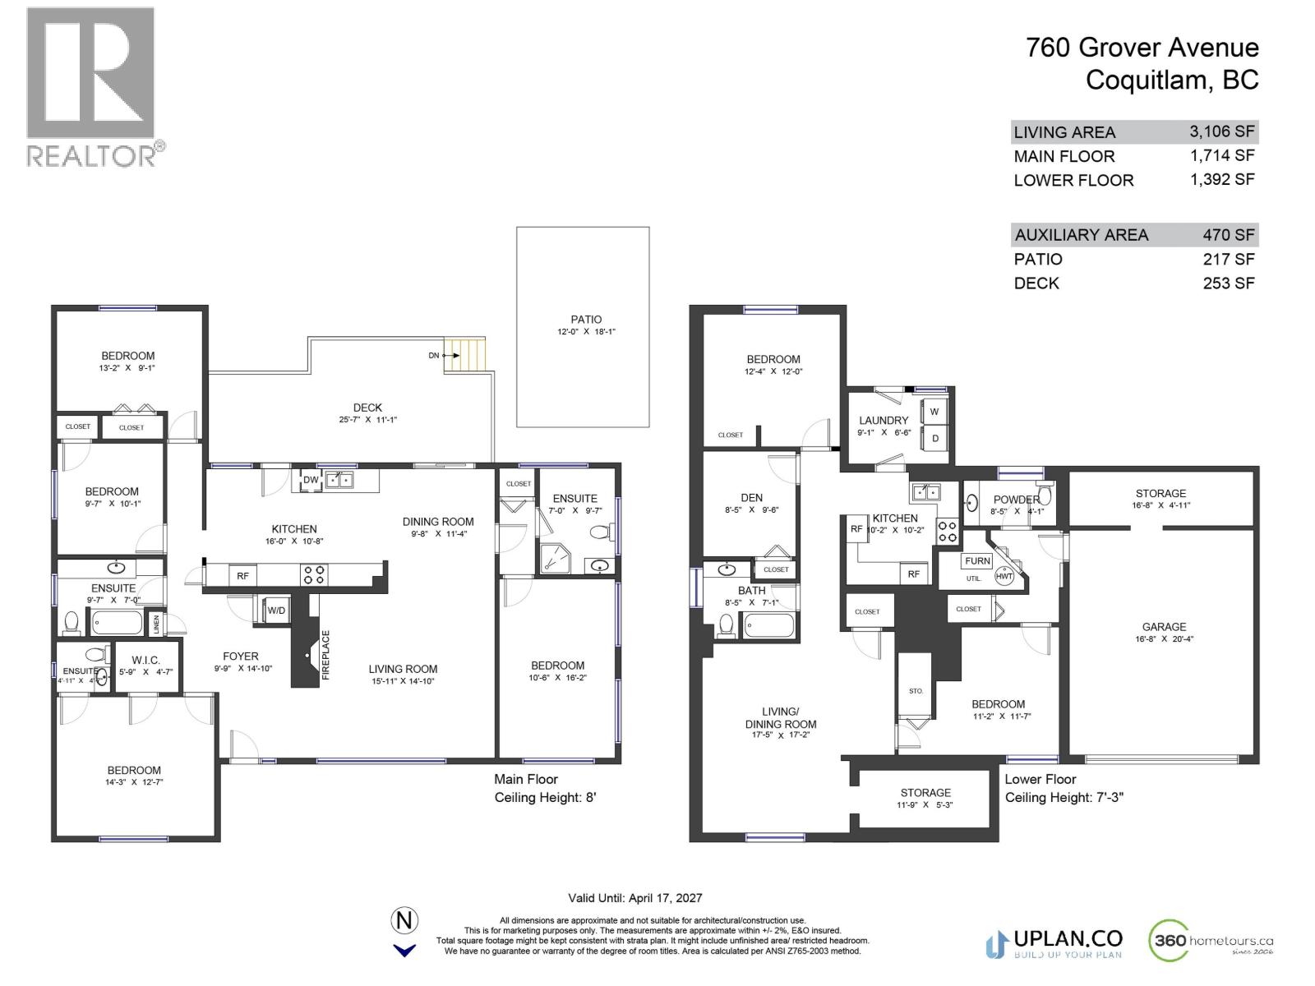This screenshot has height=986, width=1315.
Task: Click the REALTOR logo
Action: point(90,86)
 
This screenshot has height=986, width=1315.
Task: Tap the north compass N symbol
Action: point(404,920)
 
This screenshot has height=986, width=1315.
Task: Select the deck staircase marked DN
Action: point(465,355)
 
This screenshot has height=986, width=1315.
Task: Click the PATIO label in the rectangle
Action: point(586,320)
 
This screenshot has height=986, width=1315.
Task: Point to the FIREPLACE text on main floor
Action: point(325,655)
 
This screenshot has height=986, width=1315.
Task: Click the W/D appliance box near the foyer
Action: point(276,610)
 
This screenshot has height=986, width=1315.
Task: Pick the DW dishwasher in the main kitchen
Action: point(311,481)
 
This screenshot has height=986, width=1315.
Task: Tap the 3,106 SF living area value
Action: point(1222,131)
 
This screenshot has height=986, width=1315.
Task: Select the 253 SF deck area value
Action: point(1229,283)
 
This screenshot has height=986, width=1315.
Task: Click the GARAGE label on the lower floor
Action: point(1164,626)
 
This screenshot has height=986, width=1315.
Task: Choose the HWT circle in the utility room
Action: point(1004,576)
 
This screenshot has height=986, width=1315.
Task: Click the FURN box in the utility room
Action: point(977,561)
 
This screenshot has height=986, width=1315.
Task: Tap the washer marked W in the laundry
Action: point(934,412)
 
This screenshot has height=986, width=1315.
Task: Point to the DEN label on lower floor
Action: point(751,497)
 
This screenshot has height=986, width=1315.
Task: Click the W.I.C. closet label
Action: point(145,660)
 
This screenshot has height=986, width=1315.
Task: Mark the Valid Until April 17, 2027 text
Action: point(635,898)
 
